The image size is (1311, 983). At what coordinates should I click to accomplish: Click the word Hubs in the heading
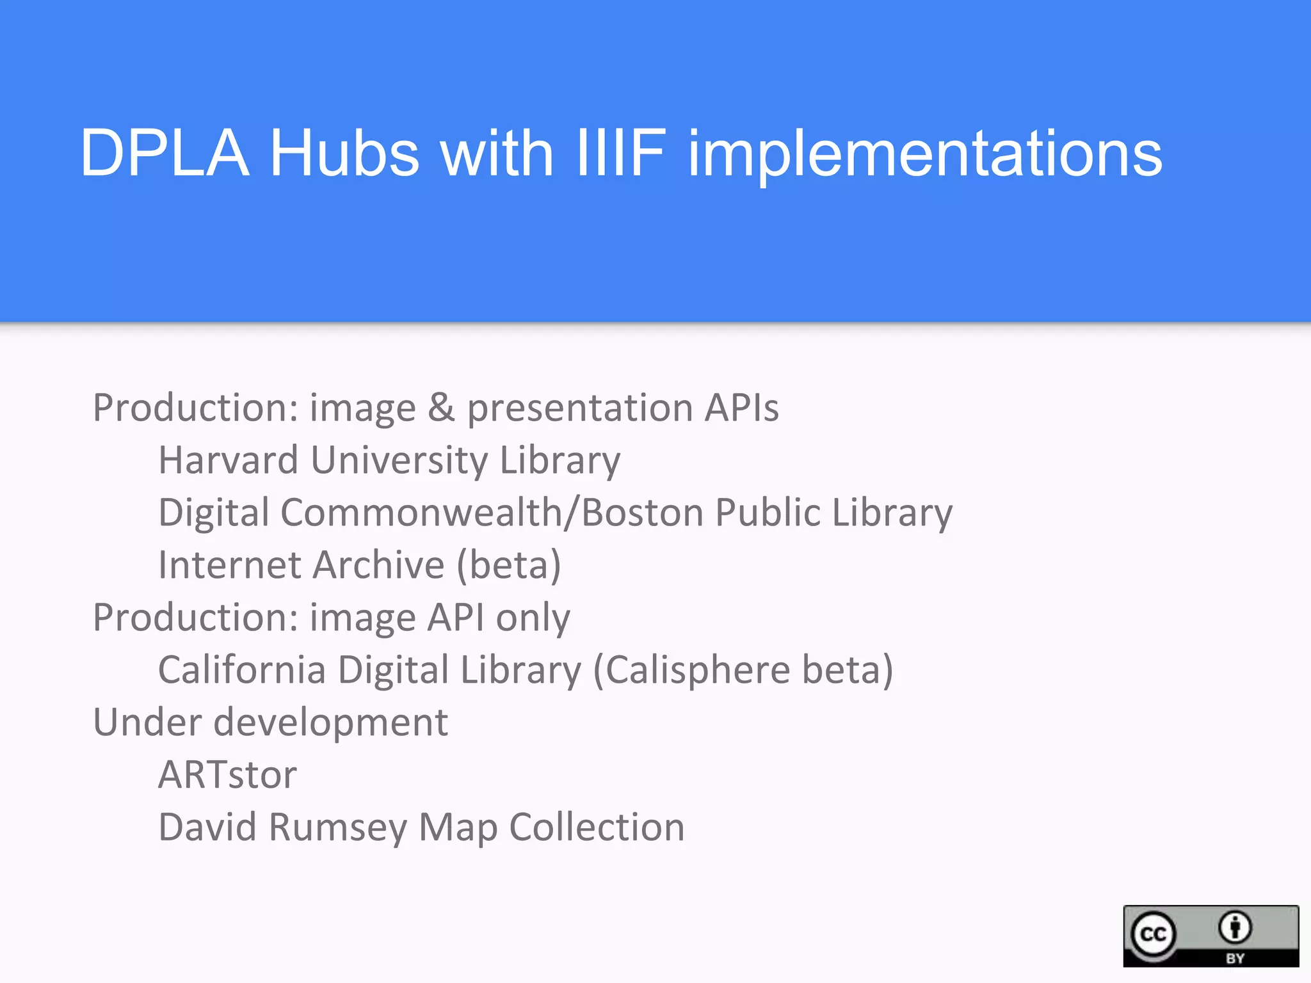[x=344, y=154]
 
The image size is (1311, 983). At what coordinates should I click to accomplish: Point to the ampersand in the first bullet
[x=441, y=408]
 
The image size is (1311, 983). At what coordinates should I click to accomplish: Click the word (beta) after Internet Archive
[x=509, y=566]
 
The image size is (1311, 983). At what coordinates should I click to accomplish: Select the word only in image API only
[x=533, y=618]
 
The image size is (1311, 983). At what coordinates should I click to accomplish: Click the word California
[x=242, y=670]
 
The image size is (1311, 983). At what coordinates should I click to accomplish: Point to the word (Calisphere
[x=691, y=671]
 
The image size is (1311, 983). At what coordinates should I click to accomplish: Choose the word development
[x=330, y=724]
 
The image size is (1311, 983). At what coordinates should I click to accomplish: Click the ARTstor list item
[x=228, y=775]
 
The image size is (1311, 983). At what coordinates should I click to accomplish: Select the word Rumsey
[x=337, y=827]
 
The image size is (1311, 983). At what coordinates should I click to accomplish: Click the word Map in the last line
[x=458, y=828]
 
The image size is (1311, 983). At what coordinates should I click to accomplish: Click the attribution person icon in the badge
[x=1235, y=927]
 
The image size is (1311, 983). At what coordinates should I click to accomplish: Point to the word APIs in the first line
[x=741, y=408]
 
